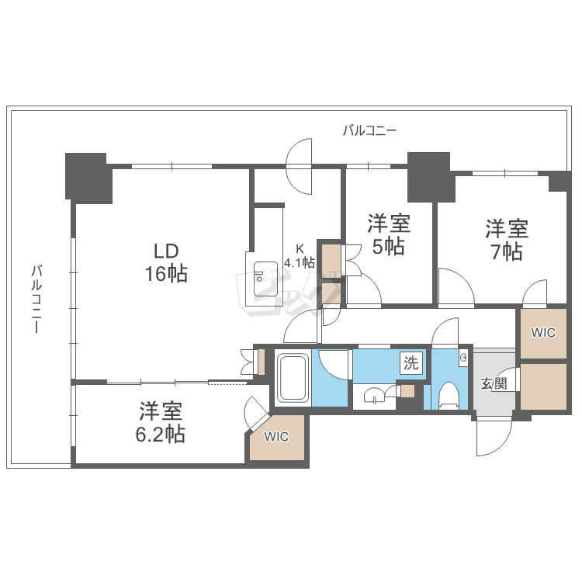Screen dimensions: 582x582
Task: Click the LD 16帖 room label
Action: (x=166, y=263)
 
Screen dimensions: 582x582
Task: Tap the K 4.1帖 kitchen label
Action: (x=300, y=257)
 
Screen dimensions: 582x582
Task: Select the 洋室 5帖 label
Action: (x=389, y=234)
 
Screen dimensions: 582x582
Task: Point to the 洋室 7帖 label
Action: (x=507, y=240)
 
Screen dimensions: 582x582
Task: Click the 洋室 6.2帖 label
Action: (x=161, y=422)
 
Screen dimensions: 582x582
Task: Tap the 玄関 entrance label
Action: (x=494, y=383)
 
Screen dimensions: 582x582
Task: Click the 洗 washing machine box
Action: (x=411, y=362)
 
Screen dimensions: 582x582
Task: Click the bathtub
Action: (x=293, y=378)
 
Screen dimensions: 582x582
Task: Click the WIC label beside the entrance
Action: (x=543, y=333)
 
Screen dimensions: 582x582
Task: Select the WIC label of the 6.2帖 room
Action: (x=276, y=437)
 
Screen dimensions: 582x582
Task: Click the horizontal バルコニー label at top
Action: (x=369, y=130)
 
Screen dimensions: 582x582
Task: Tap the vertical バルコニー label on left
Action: (x=36, y=299)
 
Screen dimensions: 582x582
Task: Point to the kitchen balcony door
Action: (x=300, y=166)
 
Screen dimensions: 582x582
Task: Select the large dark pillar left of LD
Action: (x=88, y=178)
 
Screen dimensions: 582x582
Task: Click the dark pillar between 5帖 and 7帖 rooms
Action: (x=431, y=178)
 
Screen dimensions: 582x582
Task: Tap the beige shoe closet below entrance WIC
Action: (x=543, y=386)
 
